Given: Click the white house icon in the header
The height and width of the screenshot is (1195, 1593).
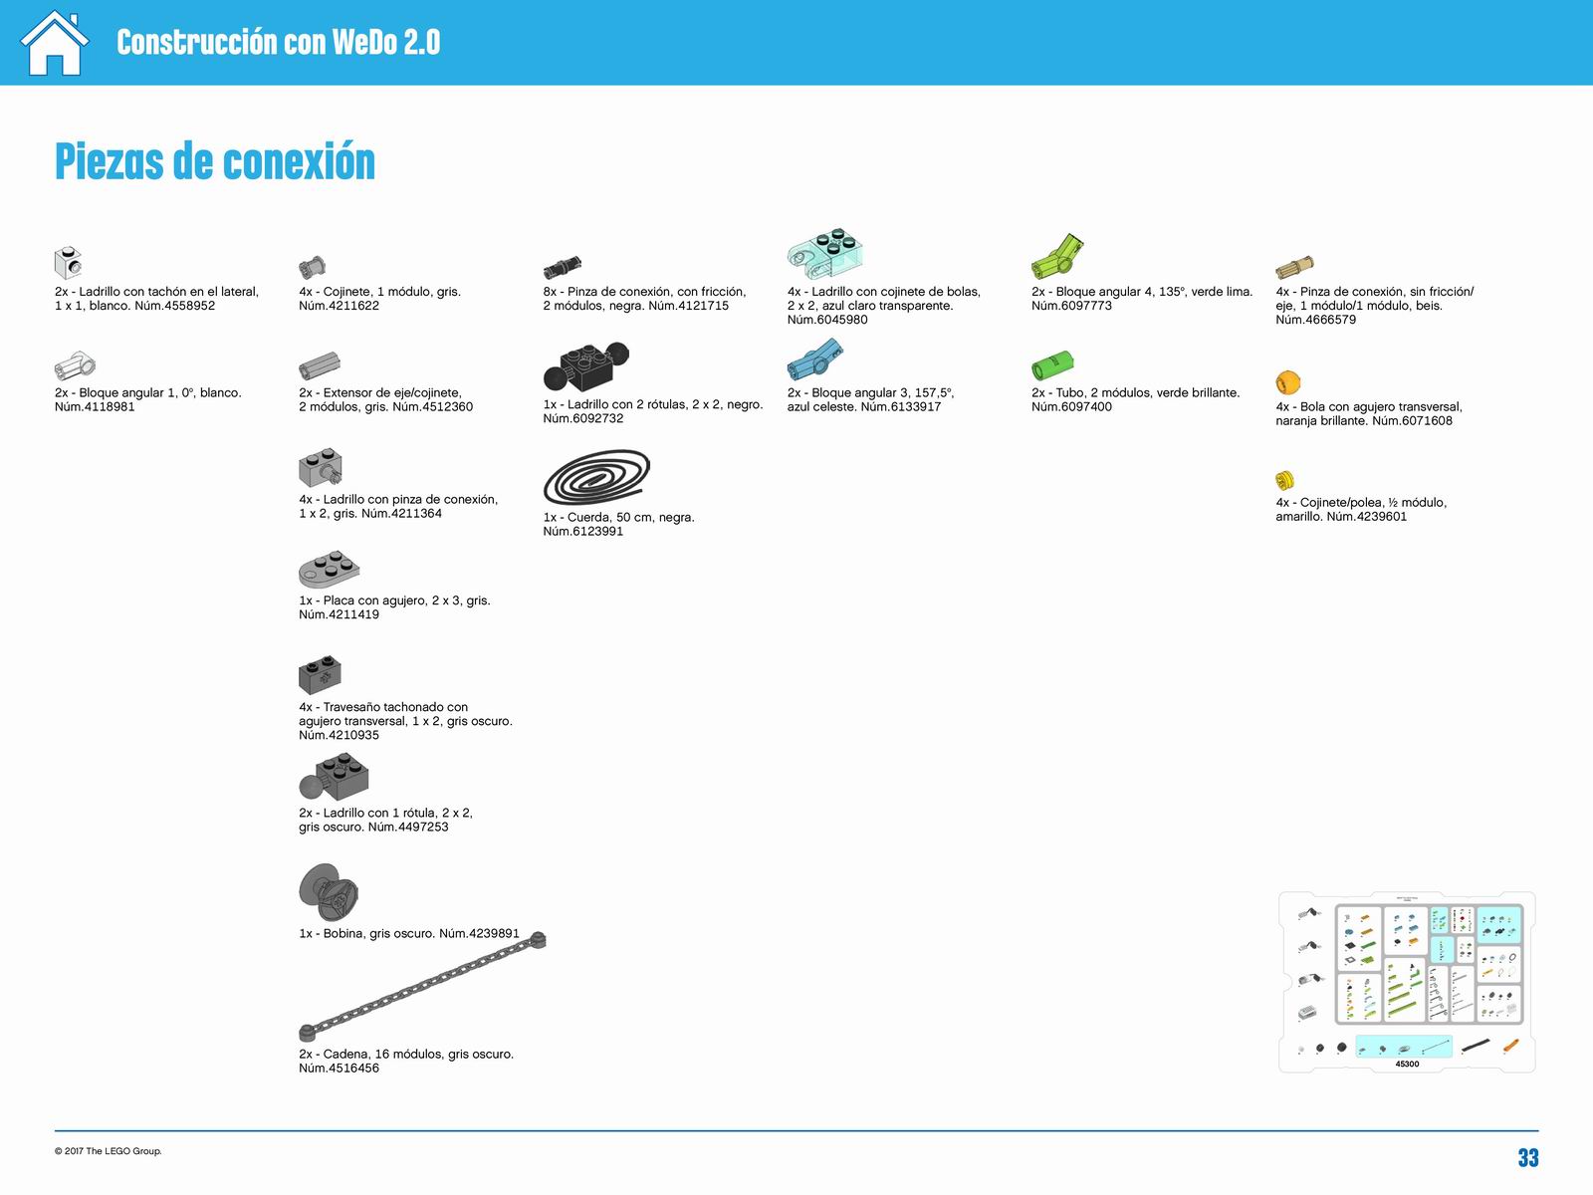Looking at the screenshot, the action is pos(55,43).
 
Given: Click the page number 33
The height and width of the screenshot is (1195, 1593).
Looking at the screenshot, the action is pos(1527,1157).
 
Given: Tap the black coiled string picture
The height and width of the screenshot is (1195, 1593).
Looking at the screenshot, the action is pos(596,477).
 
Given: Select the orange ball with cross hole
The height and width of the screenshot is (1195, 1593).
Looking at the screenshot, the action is pos(1287,381).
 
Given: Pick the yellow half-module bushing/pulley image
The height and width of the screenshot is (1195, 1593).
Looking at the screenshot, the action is pos(1284,480).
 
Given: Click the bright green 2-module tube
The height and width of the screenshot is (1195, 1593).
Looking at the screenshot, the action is pos(1052,364).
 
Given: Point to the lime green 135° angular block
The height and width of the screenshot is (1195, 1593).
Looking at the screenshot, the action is pos(1056,256).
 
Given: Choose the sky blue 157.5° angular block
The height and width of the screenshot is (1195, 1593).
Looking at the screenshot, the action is pos(815,359).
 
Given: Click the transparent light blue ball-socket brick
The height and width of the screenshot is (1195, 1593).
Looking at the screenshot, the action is pos(825,253).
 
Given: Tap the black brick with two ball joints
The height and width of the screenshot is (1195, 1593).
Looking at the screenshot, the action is pos(586,366).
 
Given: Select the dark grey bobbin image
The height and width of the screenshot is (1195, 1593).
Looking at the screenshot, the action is pos(328,891).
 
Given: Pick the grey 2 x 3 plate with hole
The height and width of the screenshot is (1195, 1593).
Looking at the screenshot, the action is pos(329,569).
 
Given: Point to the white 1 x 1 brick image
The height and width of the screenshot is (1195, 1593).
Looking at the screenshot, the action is pos(69,262).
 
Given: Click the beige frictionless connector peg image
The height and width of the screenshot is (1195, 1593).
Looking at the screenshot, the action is pos(1294,268).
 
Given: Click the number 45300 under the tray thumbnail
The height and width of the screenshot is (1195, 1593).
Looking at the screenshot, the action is pos(1407,1064).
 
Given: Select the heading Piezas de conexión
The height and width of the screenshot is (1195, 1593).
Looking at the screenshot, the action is pos(215,161).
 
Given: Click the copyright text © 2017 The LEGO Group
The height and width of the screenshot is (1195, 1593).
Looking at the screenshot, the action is pos(109,1151).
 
